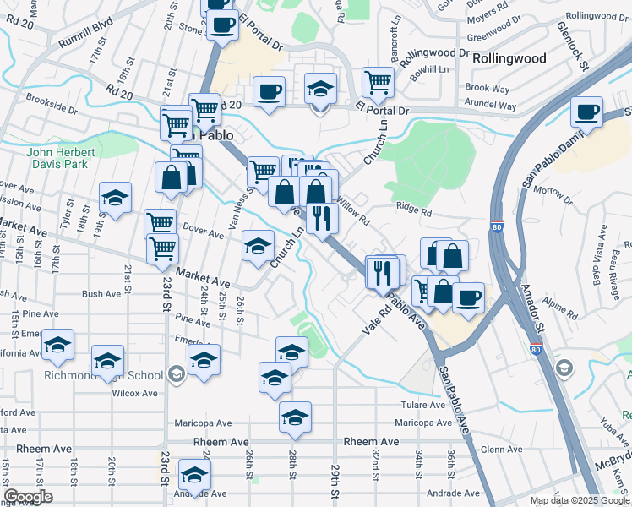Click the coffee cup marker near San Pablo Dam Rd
click(586, 112)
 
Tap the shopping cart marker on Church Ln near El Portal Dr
click(378, 82)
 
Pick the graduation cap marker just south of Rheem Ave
click(194, 475)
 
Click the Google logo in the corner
click(29, 497)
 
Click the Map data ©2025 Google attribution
click(580, 500)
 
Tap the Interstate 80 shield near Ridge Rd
click(497, 226)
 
